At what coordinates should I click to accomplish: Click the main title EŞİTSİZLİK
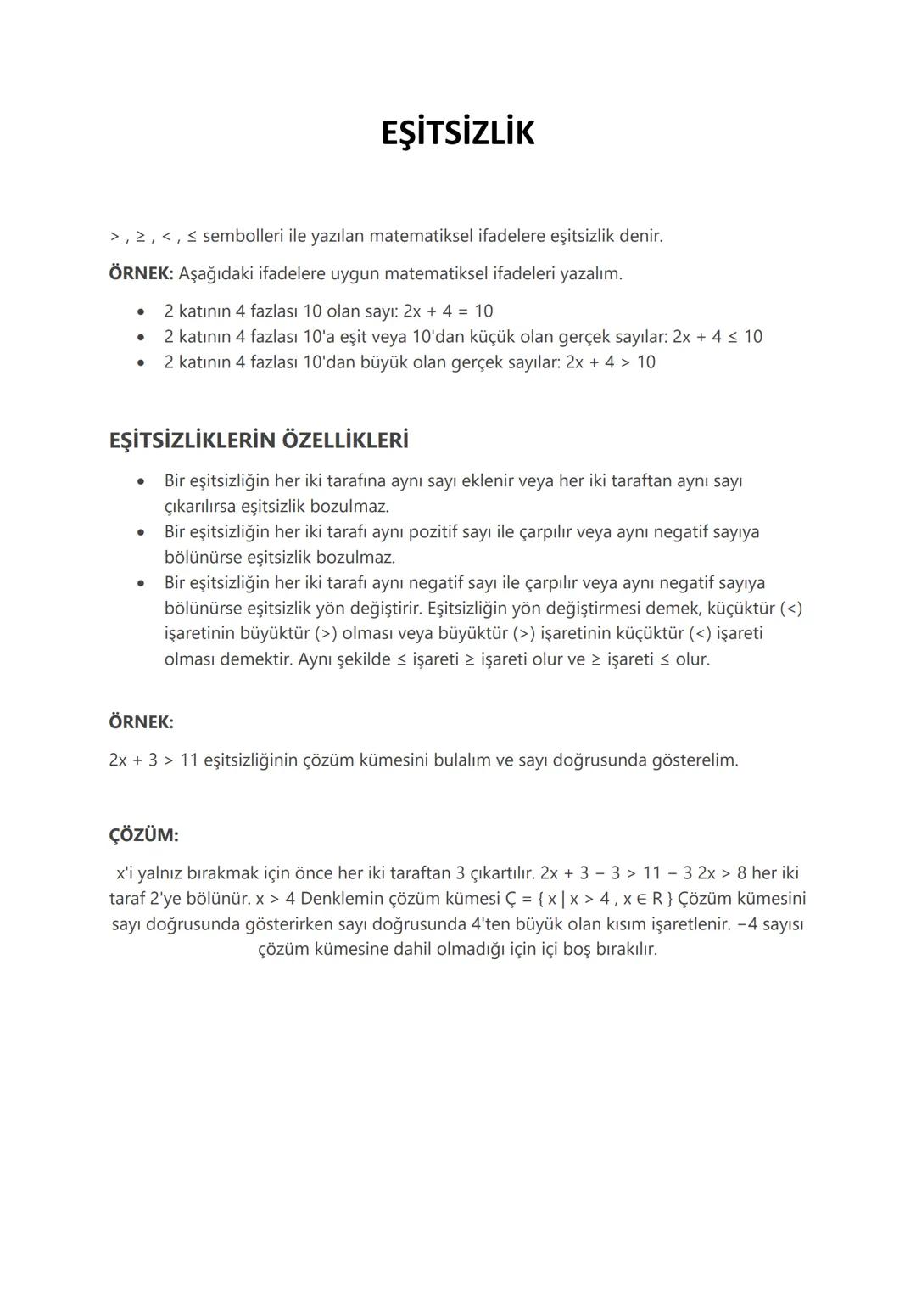(x=458, y=133)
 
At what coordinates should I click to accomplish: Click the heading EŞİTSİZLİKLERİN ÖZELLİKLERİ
(x=259, y=440)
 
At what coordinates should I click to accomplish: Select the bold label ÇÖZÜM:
(x=143, y=835)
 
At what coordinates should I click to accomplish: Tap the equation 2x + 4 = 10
(x=448, y=311)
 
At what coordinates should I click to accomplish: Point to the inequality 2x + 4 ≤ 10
(x=718, y=337)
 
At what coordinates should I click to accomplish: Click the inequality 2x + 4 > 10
(x=611, y=362)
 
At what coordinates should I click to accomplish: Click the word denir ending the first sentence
(x=640, y=236)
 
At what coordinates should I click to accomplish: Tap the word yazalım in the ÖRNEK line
(x=590, y=274)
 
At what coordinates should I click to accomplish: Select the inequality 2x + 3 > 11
(x=154, y=760)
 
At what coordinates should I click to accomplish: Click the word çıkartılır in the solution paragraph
(x=500, y=872)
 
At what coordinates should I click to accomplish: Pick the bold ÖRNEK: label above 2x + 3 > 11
(x=141, y=722)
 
